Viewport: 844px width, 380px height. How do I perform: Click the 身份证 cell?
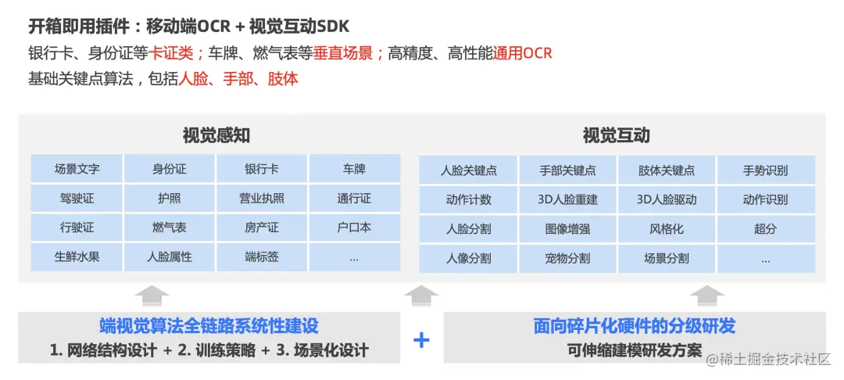(x=169, y=169)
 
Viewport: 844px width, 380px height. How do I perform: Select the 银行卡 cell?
(x=261, y=169)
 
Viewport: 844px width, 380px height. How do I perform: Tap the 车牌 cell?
(x=354, y=169)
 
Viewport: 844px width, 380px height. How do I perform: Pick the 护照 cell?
(x=169, y=199)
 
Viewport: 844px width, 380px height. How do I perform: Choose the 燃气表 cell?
(x=169, y=228)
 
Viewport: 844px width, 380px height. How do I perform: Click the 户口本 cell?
(x=354, y=228)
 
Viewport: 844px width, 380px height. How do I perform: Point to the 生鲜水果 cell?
(x=77, y=256)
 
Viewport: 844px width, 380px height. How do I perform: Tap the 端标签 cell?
(x=261, y=256)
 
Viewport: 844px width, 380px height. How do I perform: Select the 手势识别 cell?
(x=765, y=170)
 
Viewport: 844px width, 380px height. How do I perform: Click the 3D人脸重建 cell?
(x=567, y=199)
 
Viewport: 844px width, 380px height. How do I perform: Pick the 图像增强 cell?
(x=567, y=229)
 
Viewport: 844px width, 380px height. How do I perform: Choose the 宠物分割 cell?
(x=567, y=258)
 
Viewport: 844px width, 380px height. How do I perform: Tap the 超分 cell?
(x=765, y=229)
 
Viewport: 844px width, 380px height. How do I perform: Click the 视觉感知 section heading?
(x=216, y=135)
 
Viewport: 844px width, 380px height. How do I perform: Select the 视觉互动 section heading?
(x=616, y=135)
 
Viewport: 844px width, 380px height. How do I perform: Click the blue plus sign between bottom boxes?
(x=421, y=339)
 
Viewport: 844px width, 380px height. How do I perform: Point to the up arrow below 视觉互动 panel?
(x=707, y=296)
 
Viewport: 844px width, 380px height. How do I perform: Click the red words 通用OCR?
(x=522, y=53)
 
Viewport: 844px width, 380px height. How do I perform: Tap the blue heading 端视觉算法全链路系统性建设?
(x=209, y=326)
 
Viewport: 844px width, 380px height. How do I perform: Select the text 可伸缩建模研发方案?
(x=635, y=350)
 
